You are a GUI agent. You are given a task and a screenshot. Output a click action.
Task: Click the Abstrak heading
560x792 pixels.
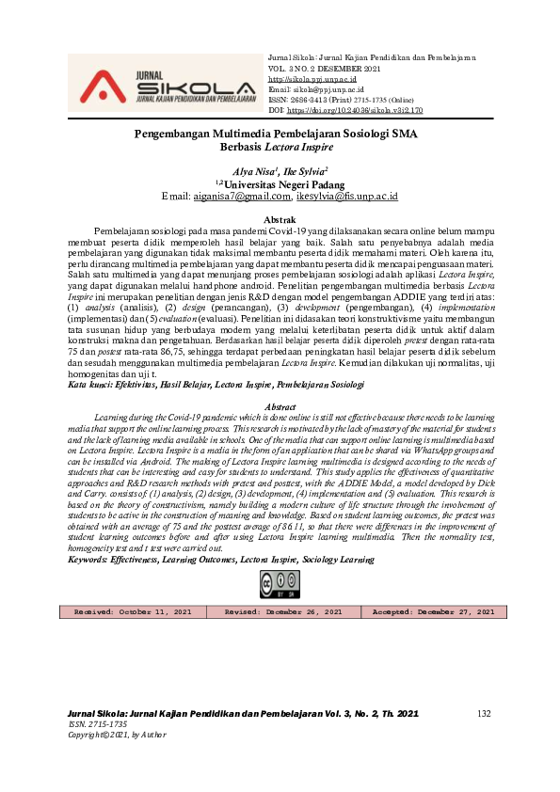click(280, 219)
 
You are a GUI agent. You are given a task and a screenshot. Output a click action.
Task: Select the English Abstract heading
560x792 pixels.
click(280, 406)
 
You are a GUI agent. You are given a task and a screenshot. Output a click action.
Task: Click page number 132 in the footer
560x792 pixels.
click(485, 715)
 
